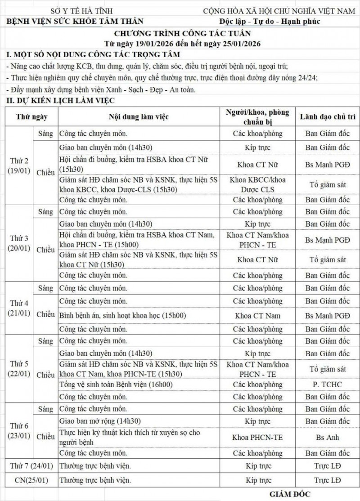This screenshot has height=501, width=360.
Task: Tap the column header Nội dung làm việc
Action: (x=138, y=117)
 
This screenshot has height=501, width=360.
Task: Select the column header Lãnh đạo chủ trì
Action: (x=327, y=117)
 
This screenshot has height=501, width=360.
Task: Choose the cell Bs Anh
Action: (x=327, y=438)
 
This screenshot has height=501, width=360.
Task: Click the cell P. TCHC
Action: (x=327, y=385)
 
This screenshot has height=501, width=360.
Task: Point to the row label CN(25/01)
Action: (x=30, y=480)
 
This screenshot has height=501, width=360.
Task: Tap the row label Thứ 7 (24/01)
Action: (x=30, y=465)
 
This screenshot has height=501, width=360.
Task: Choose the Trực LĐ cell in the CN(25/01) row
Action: (x=327, y=480)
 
